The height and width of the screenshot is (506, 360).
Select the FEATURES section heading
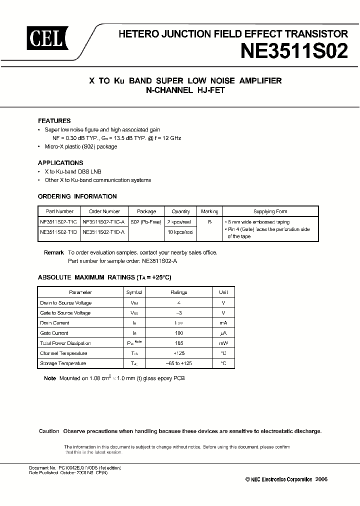pyautogui.click(x=54, y=120)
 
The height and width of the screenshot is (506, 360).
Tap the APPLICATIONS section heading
pyautogui.click(x=60, y=162)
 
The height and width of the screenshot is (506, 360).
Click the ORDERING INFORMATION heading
pyautogui.click(x=77, y=196)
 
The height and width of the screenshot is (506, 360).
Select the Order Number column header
pyautogui.click(x=104, y=211)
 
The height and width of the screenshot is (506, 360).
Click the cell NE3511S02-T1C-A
pyautogui.click(x=104, y=222)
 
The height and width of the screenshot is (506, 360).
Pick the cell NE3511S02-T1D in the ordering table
pyautogui.click(x=59, y=232)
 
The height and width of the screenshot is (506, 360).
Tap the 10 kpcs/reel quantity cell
pyautogui.click(x=180, y=232)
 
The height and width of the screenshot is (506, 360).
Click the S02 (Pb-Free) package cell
pyautogui.click(x=146, y=222)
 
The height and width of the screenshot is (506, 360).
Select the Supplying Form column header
pyautogui.click(x=270, y=211)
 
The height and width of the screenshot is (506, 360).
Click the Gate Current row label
pyautogui.click(x=54, y=333)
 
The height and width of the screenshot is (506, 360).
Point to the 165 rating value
pyautogui.click(x=179, y=343)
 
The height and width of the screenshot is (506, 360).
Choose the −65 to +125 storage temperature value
pyautogui.click(x=179, y=363)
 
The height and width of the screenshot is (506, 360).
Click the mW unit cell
pyautogui.click(x=223, y=343)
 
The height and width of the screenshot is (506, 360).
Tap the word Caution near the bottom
pyautogui.click(x=49, y=431)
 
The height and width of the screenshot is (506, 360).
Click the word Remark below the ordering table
pyautogui.click(x=53, y=252)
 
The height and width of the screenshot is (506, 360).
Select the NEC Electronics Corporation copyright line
pyautogui.click(x=286, y=479)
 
